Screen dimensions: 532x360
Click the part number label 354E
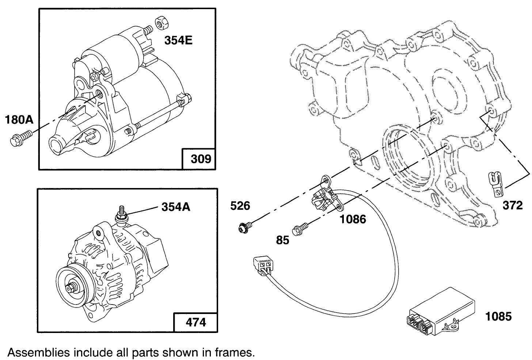tap(178, 41)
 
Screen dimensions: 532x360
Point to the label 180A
tap(19, 119)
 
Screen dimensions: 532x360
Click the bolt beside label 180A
tap(20, 139)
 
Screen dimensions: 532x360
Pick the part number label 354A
tap(176, 207)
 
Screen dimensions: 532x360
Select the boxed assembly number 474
tap(196, 322)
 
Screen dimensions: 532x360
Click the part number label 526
tap(240, 206)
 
